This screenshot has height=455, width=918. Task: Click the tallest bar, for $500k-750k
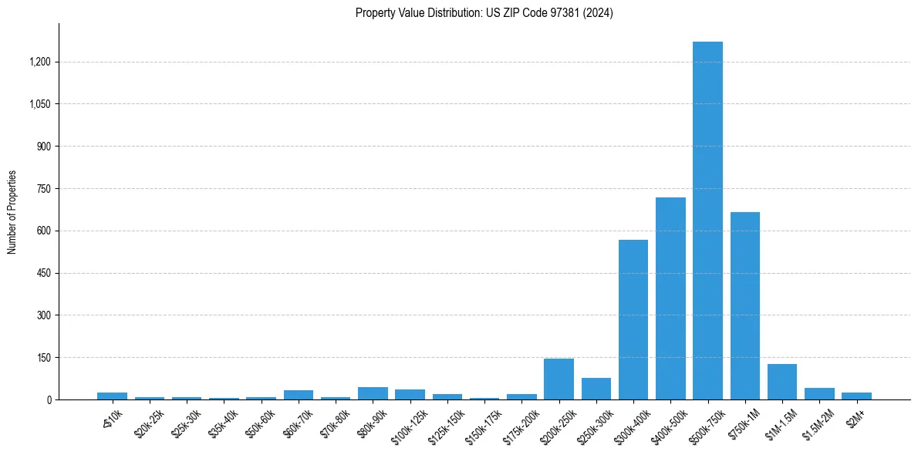[707, 221]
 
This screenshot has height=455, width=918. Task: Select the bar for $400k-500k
[670, 298]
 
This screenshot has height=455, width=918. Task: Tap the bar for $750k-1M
[745, 305]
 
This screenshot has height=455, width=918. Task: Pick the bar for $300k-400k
[633, 319]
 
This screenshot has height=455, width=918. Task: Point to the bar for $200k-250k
[559, 379]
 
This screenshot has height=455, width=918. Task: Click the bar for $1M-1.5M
[782, 382]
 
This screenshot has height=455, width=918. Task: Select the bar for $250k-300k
[596, 389]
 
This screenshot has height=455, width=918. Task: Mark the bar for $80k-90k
[373, 393]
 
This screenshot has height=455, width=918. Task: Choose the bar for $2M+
[856, 396]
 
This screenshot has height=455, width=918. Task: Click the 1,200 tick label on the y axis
[39, 62]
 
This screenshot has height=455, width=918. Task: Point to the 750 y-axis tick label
[44, 189]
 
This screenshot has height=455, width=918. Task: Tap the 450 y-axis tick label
[44, 273]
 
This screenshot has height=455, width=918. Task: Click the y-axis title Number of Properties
[12, 212]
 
